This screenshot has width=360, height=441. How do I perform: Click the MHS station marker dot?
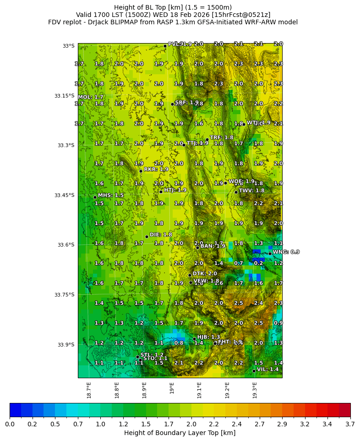tap(95, 198)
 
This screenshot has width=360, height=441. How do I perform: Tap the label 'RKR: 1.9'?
tap(156, 169)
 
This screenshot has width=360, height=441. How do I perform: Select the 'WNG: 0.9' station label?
tap(286, 252)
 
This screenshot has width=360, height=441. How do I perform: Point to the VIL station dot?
tap(254, 371)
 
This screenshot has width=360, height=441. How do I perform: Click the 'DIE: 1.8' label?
tap(161, 235)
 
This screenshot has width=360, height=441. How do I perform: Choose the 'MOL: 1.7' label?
tap(91, 97)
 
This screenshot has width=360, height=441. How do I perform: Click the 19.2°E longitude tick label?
tap(228, 390)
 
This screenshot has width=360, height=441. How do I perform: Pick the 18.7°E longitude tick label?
tap(89, 390)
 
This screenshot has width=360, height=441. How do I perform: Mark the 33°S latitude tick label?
tap(68, 46)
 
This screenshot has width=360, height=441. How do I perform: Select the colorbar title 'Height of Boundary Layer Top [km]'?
tap(180, 433)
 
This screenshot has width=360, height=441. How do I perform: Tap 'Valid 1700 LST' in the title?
tap(97, 15)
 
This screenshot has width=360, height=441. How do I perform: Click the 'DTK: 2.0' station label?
tap(205, 274)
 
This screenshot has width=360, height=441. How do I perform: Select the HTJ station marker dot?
tap(161, 192)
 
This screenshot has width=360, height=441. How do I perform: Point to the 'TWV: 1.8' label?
tap(251, 190)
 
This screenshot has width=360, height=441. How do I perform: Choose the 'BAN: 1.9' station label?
tap(213, 246)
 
